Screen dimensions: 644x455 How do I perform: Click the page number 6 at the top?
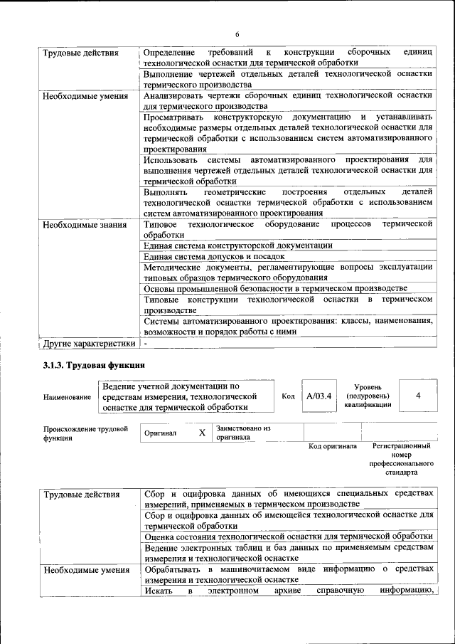pos(237,35)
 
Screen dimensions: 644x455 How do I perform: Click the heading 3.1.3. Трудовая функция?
pos(90,366)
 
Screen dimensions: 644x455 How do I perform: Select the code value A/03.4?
pos(318,396)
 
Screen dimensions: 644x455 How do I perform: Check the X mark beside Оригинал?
pos(202,433)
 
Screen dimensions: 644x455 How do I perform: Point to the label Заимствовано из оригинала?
pos(243,433)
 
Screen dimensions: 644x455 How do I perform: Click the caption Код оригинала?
pos(332,446)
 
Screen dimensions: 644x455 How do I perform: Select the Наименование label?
pos(67,397)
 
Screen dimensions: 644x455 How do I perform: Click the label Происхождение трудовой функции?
pos(85,433)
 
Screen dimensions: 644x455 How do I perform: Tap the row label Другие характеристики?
pos(88,344)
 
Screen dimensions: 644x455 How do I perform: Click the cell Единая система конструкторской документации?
pos(237,246)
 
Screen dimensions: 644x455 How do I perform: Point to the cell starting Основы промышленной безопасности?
pos(275,288)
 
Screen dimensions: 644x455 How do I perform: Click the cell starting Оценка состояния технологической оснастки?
pos(288,536)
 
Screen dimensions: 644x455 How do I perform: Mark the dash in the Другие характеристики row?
pos(145,343)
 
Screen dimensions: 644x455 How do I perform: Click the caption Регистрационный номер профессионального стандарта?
pos(401,458)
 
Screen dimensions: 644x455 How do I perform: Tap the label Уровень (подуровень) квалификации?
pos(368,395)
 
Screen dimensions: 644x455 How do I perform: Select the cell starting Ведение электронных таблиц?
pos(288,552)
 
